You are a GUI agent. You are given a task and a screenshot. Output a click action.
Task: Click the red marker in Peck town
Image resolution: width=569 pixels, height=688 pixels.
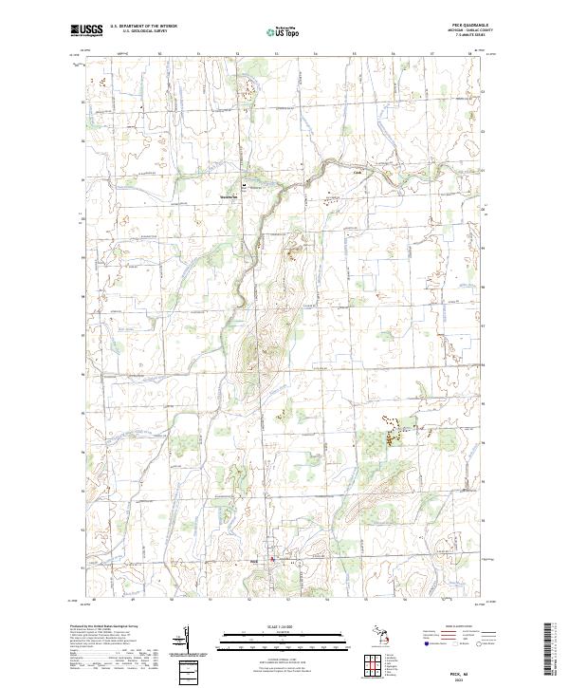click(x=274, y=559)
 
